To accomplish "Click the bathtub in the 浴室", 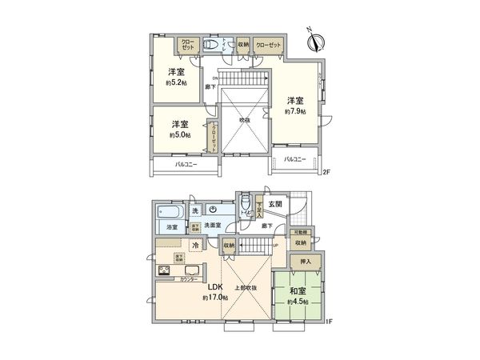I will click(x=168, y=213).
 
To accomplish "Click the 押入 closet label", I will click(x=306, y=262).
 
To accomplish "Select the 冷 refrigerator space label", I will click(x=195, y=245).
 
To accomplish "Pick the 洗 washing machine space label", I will click(x=195, y=210).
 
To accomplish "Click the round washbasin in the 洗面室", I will click(x=213, y=210).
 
